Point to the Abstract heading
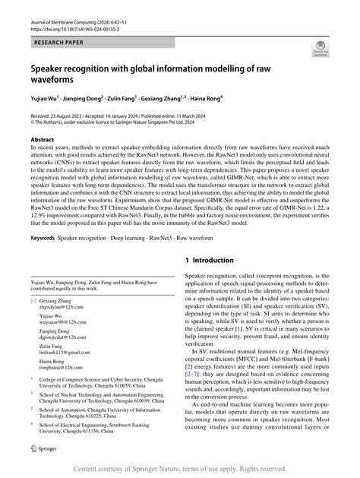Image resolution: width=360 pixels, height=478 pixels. point(42,141)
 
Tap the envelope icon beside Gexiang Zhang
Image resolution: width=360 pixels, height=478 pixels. point(33,301)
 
